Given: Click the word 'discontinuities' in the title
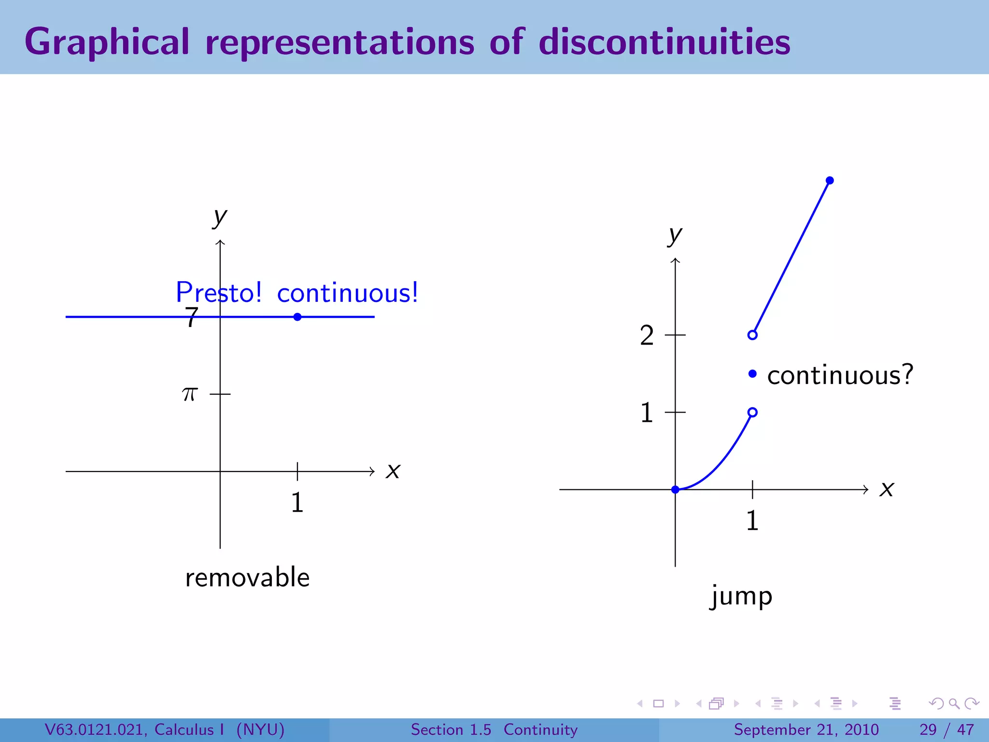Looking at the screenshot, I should point(664,42).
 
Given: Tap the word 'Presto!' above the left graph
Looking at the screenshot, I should point(218,292).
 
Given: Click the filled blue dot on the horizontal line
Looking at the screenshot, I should point(297,317).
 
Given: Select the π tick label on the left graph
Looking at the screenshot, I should point(190,394).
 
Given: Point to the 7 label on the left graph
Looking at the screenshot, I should point(192,318).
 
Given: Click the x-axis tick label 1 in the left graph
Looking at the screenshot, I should point(297,502).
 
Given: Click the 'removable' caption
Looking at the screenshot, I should point(247,577).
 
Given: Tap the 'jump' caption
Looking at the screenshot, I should point(741,596).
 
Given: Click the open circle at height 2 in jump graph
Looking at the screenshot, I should point(752,335).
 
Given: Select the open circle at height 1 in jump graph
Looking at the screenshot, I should point(752,412).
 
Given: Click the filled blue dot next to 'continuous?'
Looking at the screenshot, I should point(752,373).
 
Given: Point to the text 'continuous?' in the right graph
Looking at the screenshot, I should point(840,375).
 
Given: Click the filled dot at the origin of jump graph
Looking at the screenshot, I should point(675,489).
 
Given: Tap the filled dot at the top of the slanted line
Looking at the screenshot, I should point(830,181).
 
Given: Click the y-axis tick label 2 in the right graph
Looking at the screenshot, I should point(647,335).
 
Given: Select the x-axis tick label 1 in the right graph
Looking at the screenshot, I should point(752,521).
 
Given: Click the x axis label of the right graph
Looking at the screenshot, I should point(887,489).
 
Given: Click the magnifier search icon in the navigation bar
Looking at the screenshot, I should point(954,703).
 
